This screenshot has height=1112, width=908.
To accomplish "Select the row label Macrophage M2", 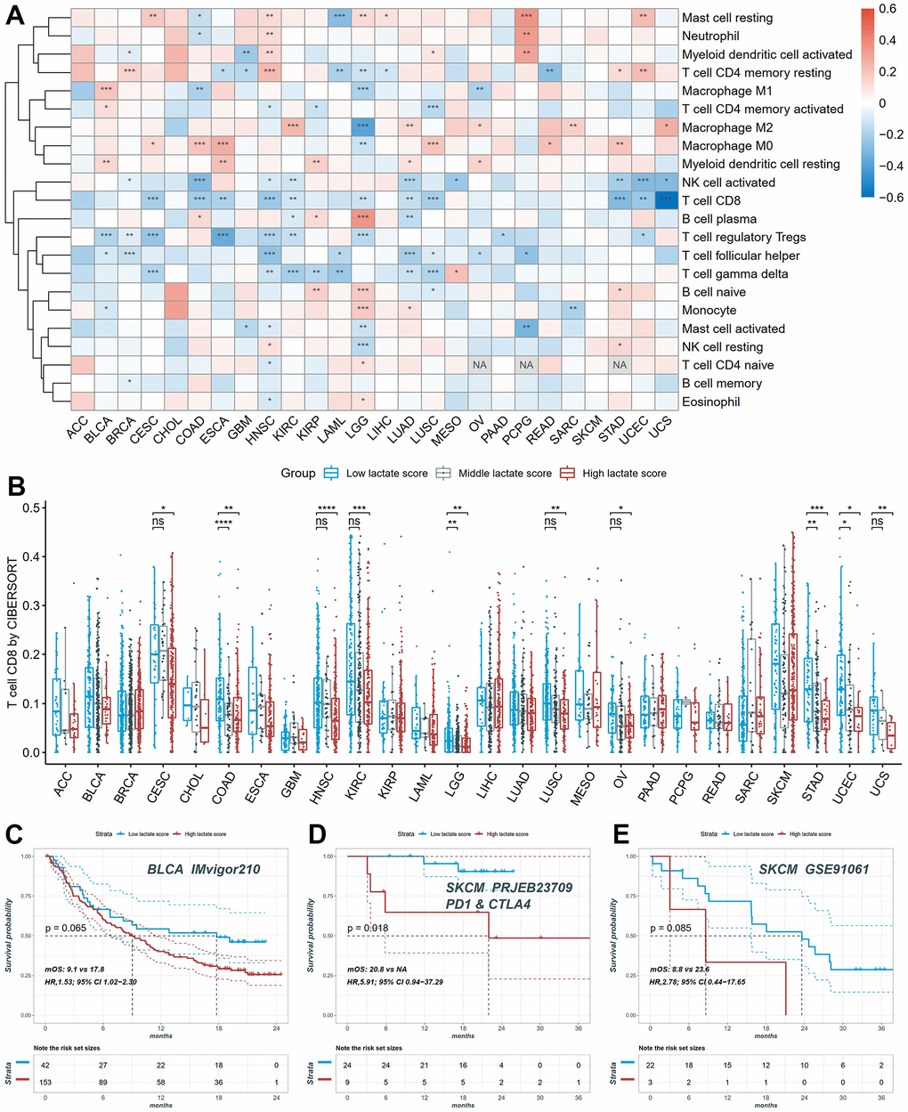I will [x=726, y=127].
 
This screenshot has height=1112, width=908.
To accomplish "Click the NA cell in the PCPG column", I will [x=526, y=365].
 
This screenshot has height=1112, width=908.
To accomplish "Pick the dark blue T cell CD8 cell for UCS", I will [x=665, y=200].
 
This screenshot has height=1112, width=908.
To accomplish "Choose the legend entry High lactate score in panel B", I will [x=624, y=473].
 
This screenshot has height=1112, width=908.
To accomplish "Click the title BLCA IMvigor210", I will [x=204, y=868].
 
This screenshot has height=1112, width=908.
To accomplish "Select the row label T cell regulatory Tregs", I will [x=743, y=237].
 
